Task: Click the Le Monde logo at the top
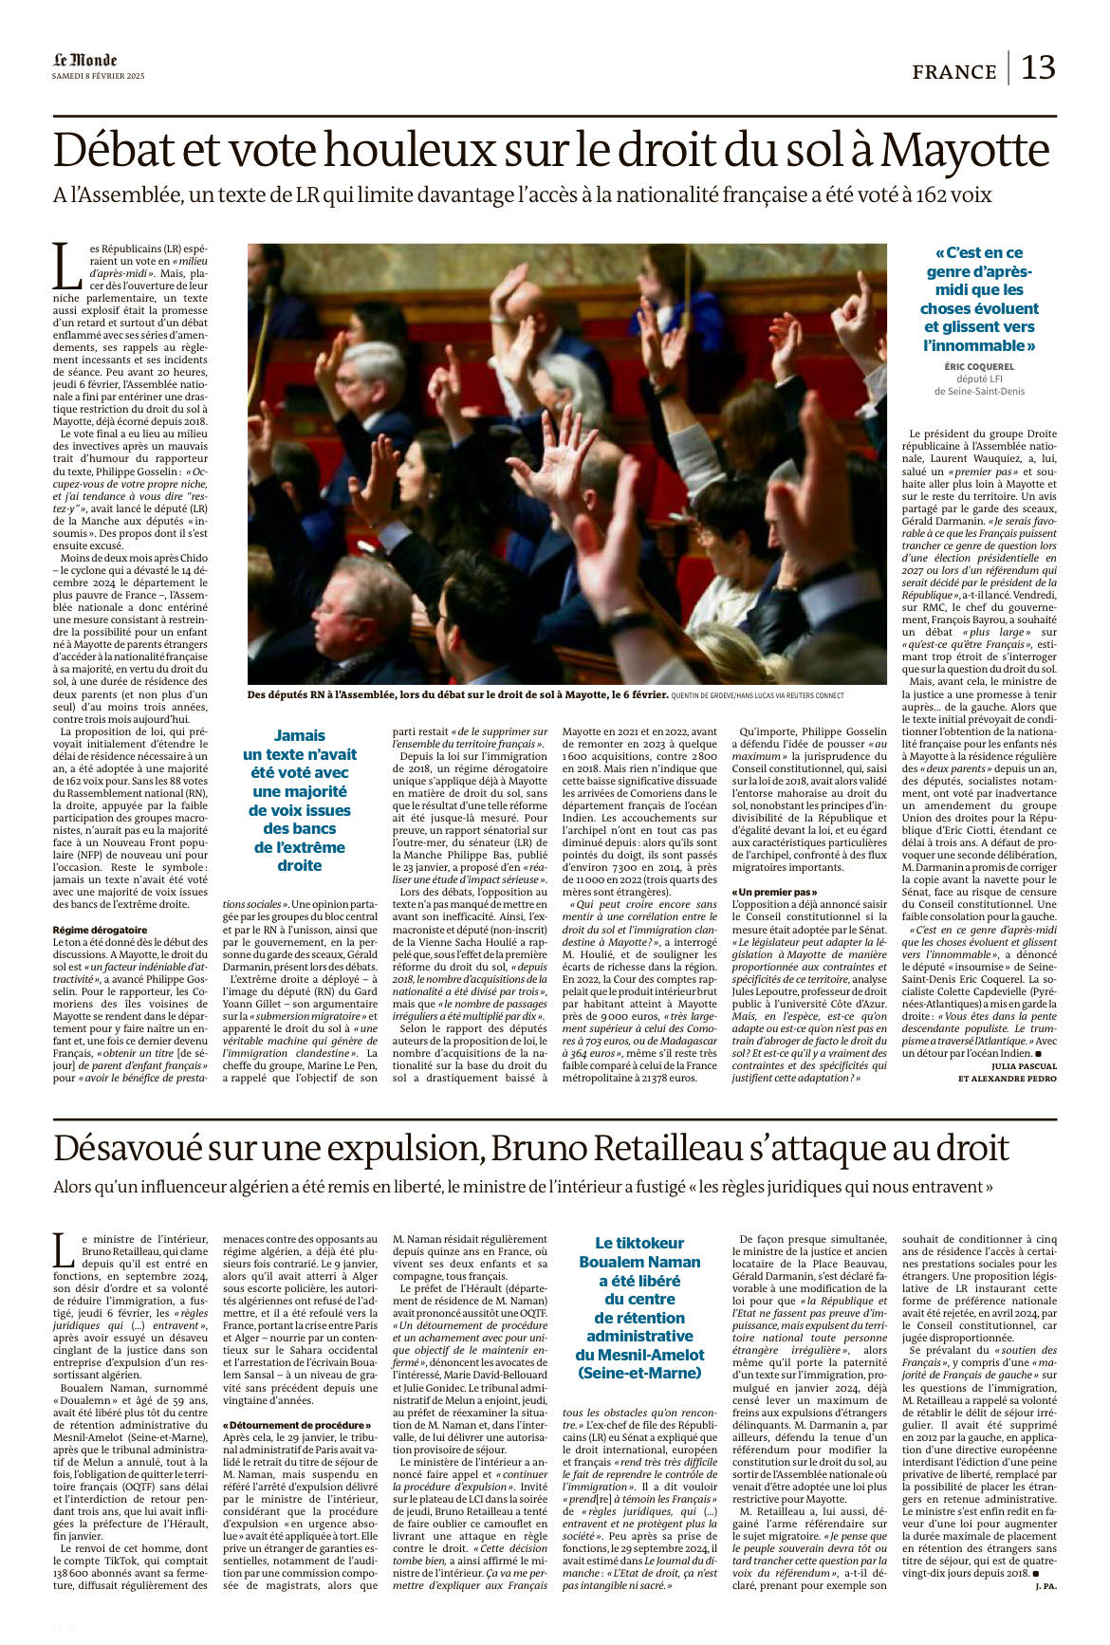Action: pos(84,61)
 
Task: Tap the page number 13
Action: pos(1038,68)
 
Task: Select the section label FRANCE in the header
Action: pos(954,72)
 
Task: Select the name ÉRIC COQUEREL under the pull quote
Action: pos(979,366)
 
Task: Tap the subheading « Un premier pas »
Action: pos(774,892)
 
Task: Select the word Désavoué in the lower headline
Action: pos(127,1149)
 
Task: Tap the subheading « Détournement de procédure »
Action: pos(297,1425)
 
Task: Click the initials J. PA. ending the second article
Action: pos(1045,1586)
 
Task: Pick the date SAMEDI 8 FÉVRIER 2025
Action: pos(99,76)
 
